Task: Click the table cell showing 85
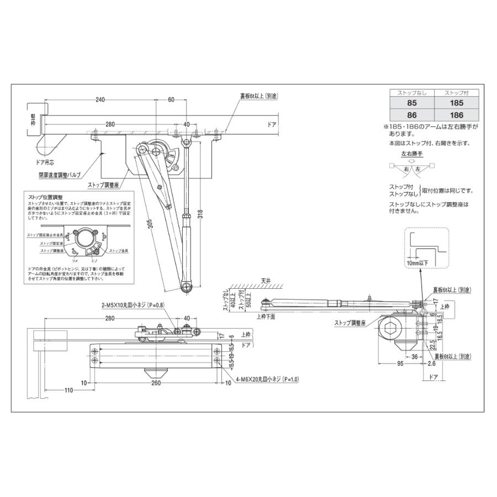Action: pyautogui.click(x=411, y=103)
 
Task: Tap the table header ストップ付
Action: pyautogui.click(x=456, y=93)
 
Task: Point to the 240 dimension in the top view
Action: pyautogui.click(x=100, y=100)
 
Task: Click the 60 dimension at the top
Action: pyautogui.click(x=171, y=100)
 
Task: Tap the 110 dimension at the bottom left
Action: pyautogui.click(x=68, y=391)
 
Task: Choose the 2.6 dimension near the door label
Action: pyautogui.click(x=431, y=364)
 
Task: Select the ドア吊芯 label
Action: pyautogui.click(x=47, y=163)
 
